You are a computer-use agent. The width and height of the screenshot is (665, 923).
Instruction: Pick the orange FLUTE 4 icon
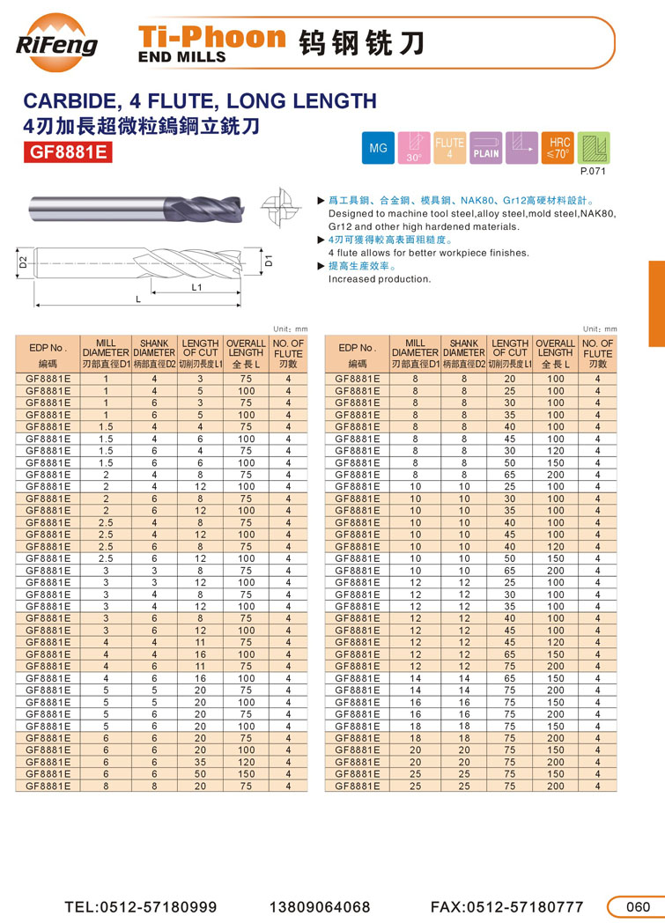449,148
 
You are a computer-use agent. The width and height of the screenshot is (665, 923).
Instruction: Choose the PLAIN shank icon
485,148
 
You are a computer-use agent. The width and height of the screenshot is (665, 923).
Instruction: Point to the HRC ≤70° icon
558,147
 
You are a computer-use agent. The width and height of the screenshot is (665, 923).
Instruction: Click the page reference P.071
589,172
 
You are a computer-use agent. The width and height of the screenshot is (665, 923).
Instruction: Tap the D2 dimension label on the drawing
24,261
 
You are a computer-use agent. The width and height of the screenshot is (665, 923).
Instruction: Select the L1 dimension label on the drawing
197,287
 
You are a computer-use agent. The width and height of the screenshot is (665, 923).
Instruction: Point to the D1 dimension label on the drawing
270,261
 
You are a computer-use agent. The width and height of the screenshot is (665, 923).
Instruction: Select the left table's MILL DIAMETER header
106,352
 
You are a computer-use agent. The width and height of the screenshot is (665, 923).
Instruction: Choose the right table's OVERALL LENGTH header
556,352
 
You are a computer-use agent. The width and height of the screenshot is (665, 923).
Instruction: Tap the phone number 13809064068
320,906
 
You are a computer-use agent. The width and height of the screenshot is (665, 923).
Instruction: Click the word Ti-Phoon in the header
212,37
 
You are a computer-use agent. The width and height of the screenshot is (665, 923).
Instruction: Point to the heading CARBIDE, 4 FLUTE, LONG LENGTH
199,100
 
